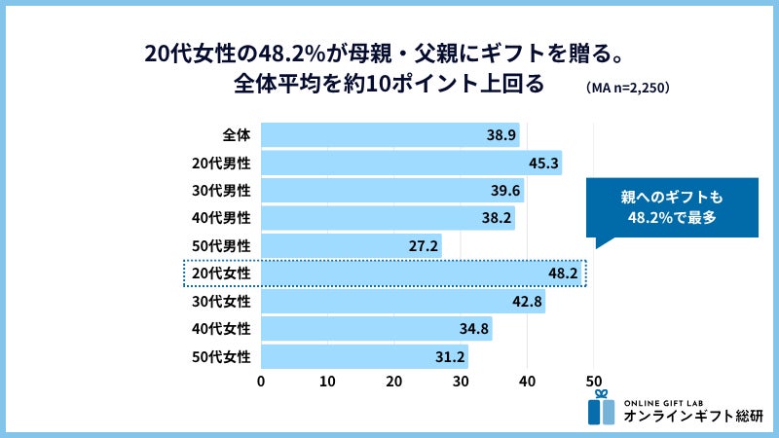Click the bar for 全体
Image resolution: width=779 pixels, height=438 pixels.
click(x=389, y=134)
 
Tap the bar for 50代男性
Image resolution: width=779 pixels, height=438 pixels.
click(x=351, y=246)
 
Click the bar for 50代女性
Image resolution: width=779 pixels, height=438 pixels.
click(x=364, y=356)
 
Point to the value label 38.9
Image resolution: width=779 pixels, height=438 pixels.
click(x=501, y=134)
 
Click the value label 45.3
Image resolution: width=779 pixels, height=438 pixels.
click(x=543, y=163)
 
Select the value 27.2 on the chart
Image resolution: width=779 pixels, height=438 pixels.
click(x=424, y=246)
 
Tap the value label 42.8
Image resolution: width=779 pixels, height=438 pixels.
click(x=527, y=302)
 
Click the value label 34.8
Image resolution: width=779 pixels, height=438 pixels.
click(x=473, y=330)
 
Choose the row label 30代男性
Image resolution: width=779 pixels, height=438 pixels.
click(x=222, y=190)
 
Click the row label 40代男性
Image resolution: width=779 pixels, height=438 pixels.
click(x=222, y=218)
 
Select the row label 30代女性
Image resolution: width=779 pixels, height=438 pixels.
click(x=222, y=302)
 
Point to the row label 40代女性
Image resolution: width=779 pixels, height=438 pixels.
click(x=222, y=330)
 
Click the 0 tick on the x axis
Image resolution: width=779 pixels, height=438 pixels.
click(x=261, y=381)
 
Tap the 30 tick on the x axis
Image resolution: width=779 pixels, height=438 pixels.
click(x=461, y=381)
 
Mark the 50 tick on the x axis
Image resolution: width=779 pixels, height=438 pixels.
click(x=594, y=381)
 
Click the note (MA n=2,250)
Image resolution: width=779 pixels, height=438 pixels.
click(x=628, y=87)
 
